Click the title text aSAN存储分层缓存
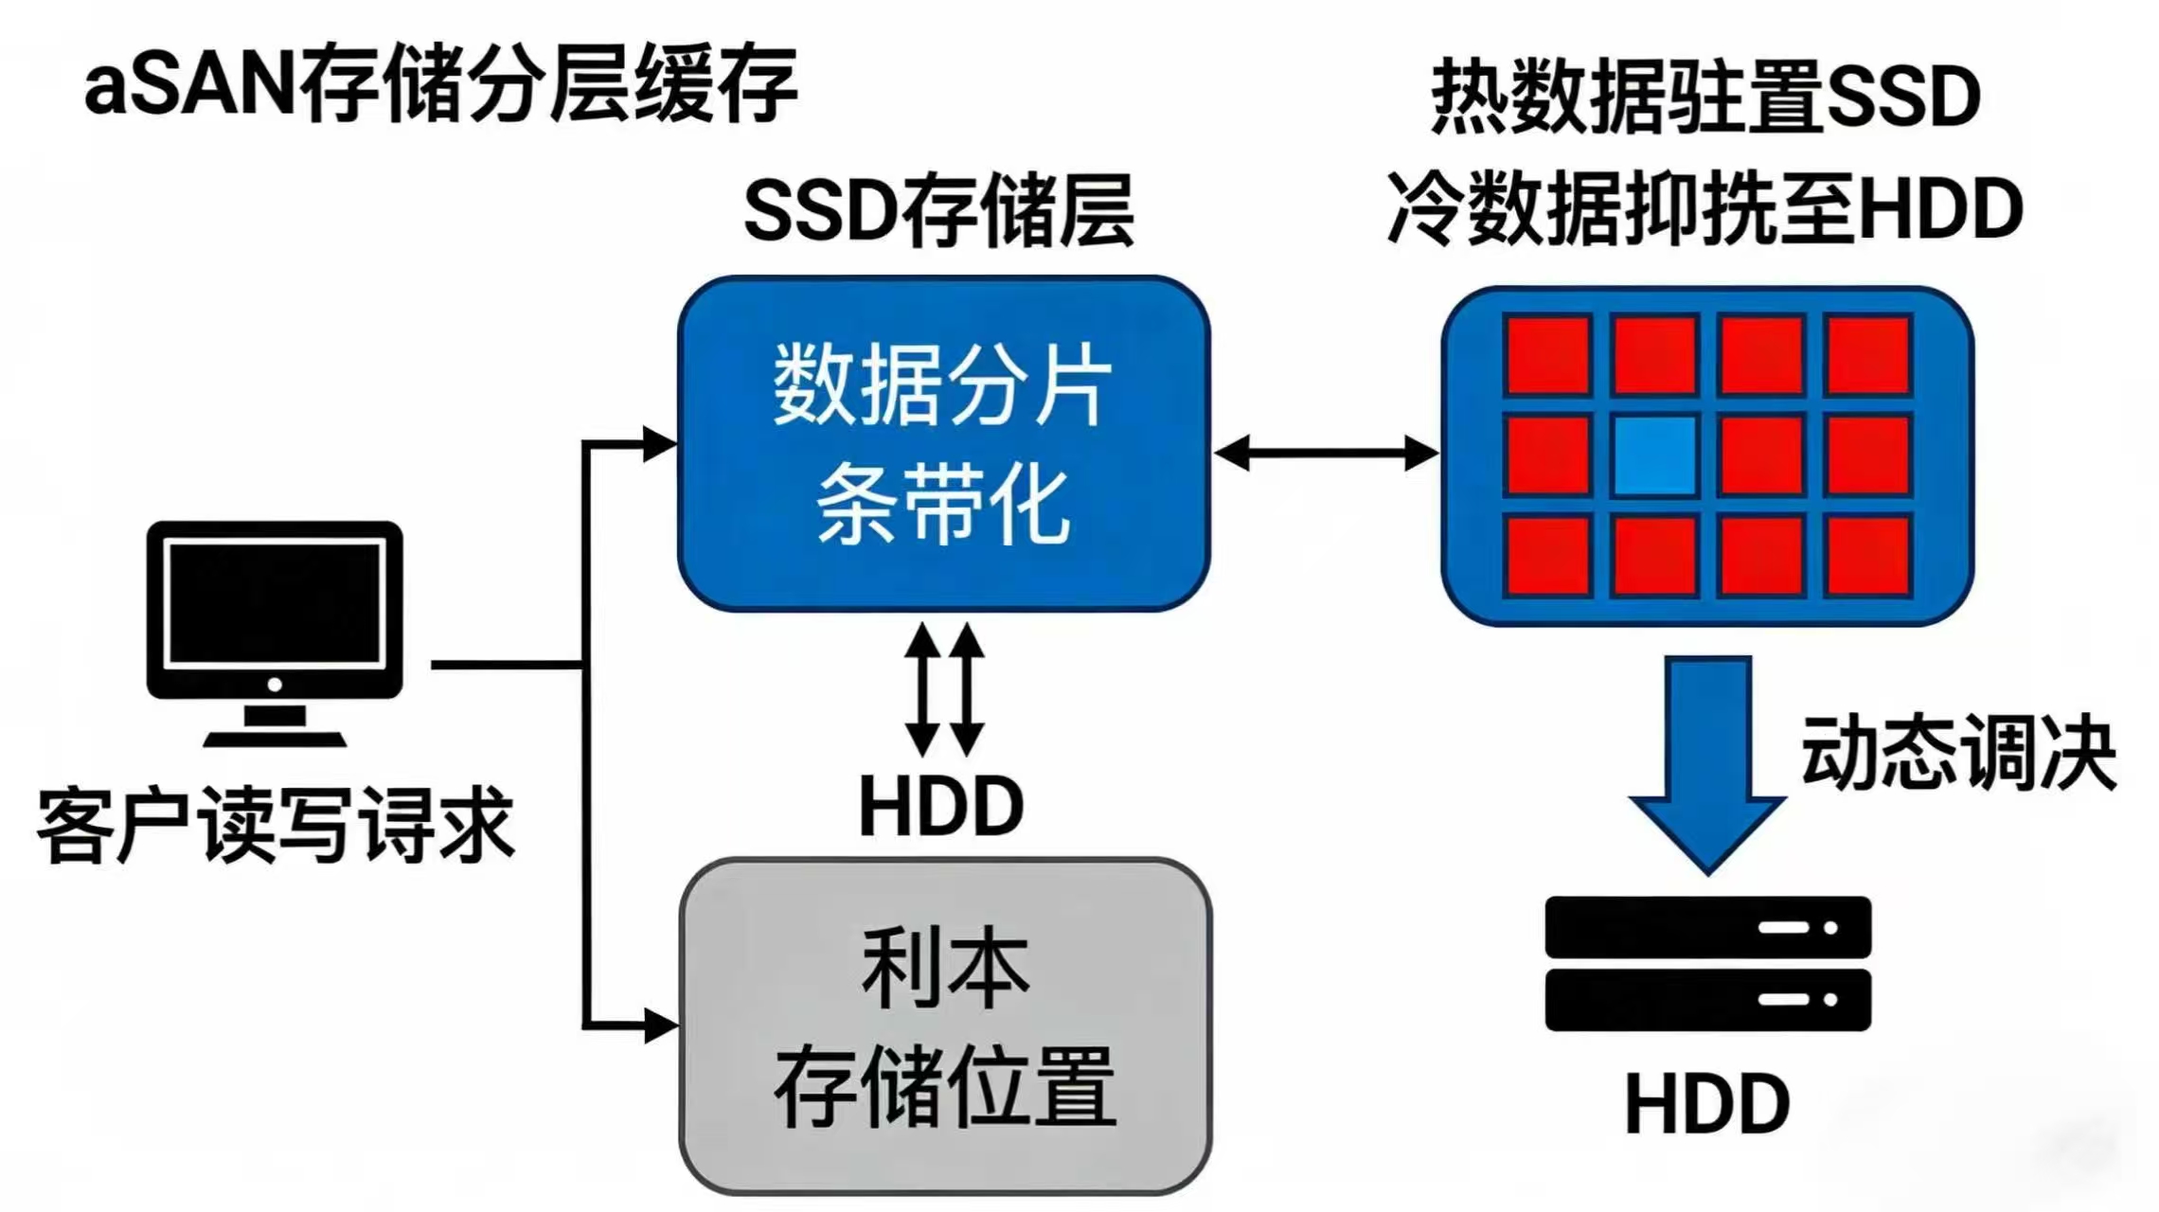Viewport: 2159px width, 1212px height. point(440,85)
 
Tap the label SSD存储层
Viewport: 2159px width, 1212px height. point(938,210)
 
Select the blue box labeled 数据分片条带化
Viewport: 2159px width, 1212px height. point(943,443)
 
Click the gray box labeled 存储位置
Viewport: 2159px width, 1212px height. point(945,1026)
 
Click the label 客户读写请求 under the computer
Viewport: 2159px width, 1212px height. point(275,824)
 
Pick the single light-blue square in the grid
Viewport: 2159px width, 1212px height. point(1654,455)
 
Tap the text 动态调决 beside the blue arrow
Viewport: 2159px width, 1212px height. point(1957,753)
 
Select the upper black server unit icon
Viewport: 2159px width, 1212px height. point(1707,927)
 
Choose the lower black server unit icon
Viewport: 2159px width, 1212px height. point(1707,999)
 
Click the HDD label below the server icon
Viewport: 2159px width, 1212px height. point(1707,1104)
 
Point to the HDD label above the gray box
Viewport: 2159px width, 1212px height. point(941,806)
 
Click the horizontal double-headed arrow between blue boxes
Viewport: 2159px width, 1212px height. point(1326,453)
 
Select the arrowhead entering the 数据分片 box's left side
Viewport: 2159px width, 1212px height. point(660,443)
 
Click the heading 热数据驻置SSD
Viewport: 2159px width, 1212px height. point(1705,96)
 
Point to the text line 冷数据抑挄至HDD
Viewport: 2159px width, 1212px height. point(1705,209)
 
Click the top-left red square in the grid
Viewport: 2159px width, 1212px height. point(1548,355)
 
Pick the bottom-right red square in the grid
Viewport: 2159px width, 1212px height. point(1868,556)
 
